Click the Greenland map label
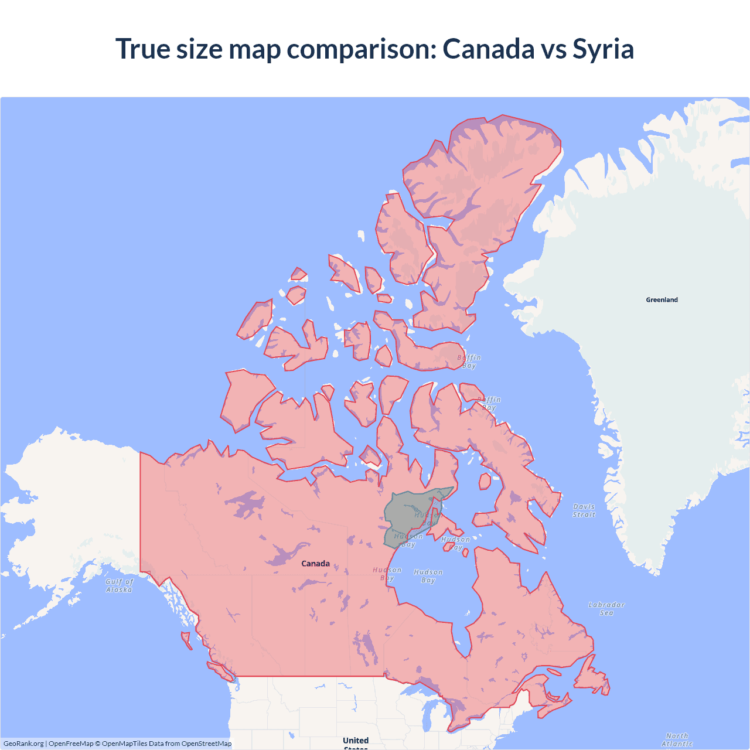click(x=662, y=299)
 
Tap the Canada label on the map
click(x=315, y=564)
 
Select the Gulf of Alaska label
click(x=120, y=585)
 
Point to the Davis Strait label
click(x=584, y=510)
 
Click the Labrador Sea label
click(x=606, y=608)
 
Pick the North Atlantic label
click(x=677, y=739)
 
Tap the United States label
click(x=356, y=741)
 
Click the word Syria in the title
click(x=603, y=49)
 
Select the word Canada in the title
click(x=488, y=49)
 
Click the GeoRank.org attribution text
click(x=23, y=744)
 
